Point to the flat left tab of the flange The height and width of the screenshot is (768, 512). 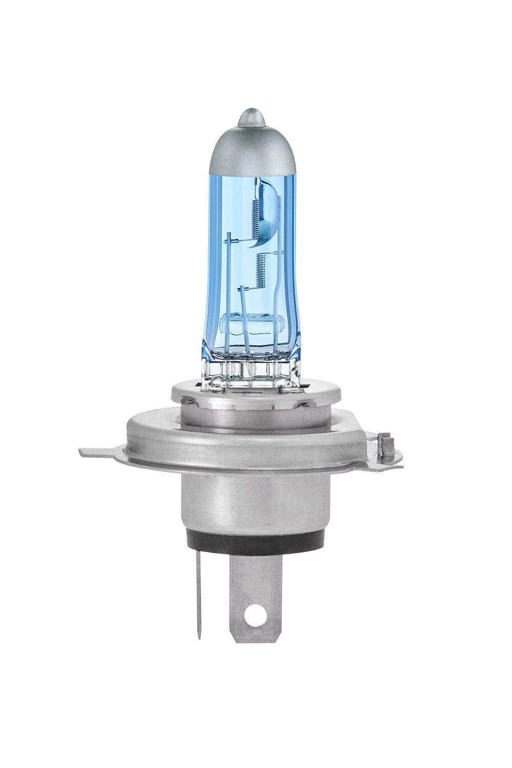(97, 453)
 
